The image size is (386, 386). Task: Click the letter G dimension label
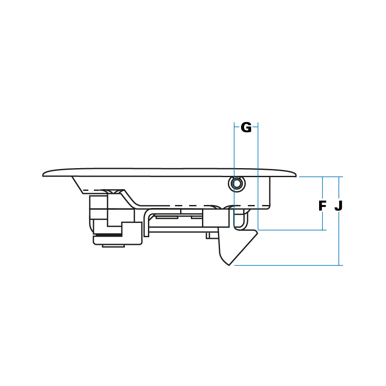point(246,127)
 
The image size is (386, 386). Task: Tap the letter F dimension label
point(322,206)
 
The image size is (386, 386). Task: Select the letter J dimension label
point(338,206)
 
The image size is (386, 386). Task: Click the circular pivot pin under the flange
point(237,184)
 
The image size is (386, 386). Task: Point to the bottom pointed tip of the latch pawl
point(229,265)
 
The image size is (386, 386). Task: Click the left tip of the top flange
point(43,175)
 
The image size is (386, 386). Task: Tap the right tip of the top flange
point(296,175)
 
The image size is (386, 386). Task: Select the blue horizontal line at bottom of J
point(288,265)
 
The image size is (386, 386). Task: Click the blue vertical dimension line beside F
point(323,203)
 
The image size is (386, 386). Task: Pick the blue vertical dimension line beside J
point(339,221)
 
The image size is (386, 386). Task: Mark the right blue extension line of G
point(258,176)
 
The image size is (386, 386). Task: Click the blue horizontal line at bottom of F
point(292,230)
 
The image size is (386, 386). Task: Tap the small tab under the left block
point(113,246)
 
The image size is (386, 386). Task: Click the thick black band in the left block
point(108,235)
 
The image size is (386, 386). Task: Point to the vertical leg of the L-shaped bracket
point(146,223)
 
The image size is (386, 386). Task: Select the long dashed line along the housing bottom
point(204,205)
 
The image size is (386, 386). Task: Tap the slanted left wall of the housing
point(77,185)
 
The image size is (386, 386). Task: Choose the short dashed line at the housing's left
point(93,190)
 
